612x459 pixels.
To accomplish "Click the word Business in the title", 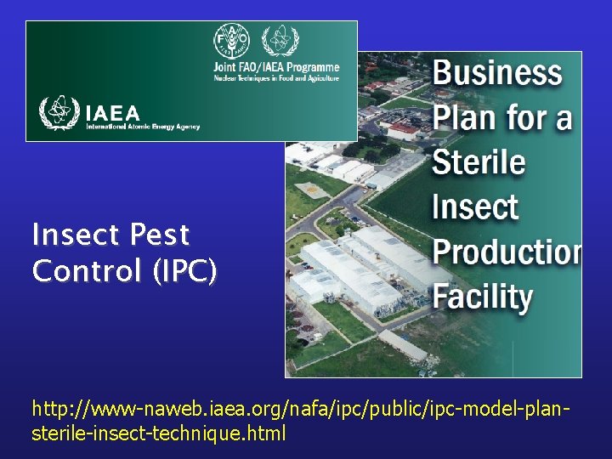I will [497, 73].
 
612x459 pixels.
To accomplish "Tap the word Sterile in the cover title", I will [479, 161].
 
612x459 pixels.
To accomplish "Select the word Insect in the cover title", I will [475, 207].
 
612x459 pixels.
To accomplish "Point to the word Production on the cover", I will [507, 252].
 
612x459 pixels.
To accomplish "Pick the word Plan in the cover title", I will [465, 117].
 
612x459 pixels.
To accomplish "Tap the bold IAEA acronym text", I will [113, 112].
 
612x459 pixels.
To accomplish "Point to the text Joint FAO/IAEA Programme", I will [275, 67].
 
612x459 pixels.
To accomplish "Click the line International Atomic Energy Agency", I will [142, 127].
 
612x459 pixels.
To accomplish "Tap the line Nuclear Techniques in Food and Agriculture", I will [275, 78].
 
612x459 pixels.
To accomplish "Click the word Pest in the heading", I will [161, 235].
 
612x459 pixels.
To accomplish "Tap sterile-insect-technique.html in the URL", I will [159, 433].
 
